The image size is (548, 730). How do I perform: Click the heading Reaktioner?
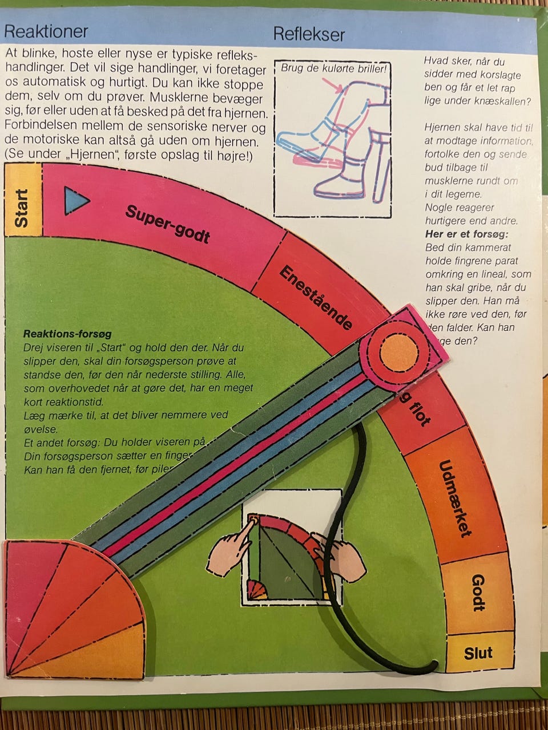[46, 31]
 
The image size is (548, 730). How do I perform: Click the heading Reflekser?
[309, 34]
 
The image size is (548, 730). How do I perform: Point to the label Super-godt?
[168, 224]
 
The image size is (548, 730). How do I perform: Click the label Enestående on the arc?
[315, 298]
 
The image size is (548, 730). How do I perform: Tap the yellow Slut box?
[478, 652]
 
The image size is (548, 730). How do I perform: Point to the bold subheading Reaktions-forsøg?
[67, 334]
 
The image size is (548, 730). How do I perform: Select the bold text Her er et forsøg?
[466, 234]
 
